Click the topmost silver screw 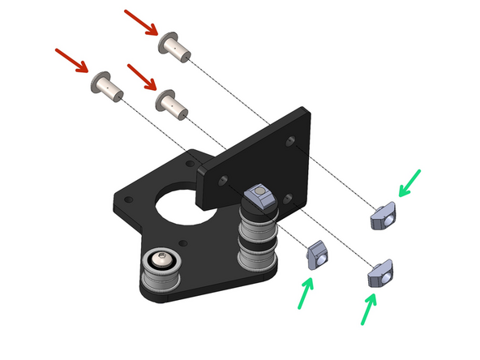177,46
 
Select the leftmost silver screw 106,85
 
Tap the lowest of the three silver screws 171,102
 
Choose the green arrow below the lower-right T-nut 370,310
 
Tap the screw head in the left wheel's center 161,263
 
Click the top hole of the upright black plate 289,142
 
